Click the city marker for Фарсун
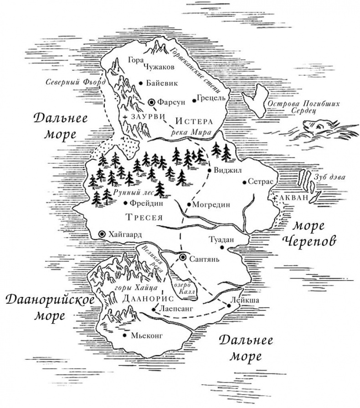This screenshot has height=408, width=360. (151, 103)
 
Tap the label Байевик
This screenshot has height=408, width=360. (162, 83)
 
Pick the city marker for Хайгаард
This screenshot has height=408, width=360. (102, 234)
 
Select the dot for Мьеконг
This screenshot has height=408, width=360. (125, 336)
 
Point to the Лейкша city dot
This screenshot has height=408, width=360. (227, 305)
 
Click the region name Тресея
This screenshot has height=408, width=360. (144, 216)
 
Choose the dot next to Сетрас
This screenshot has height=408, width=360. (245, 181)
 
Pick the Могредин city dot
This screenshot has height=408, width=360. (189, 204)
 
